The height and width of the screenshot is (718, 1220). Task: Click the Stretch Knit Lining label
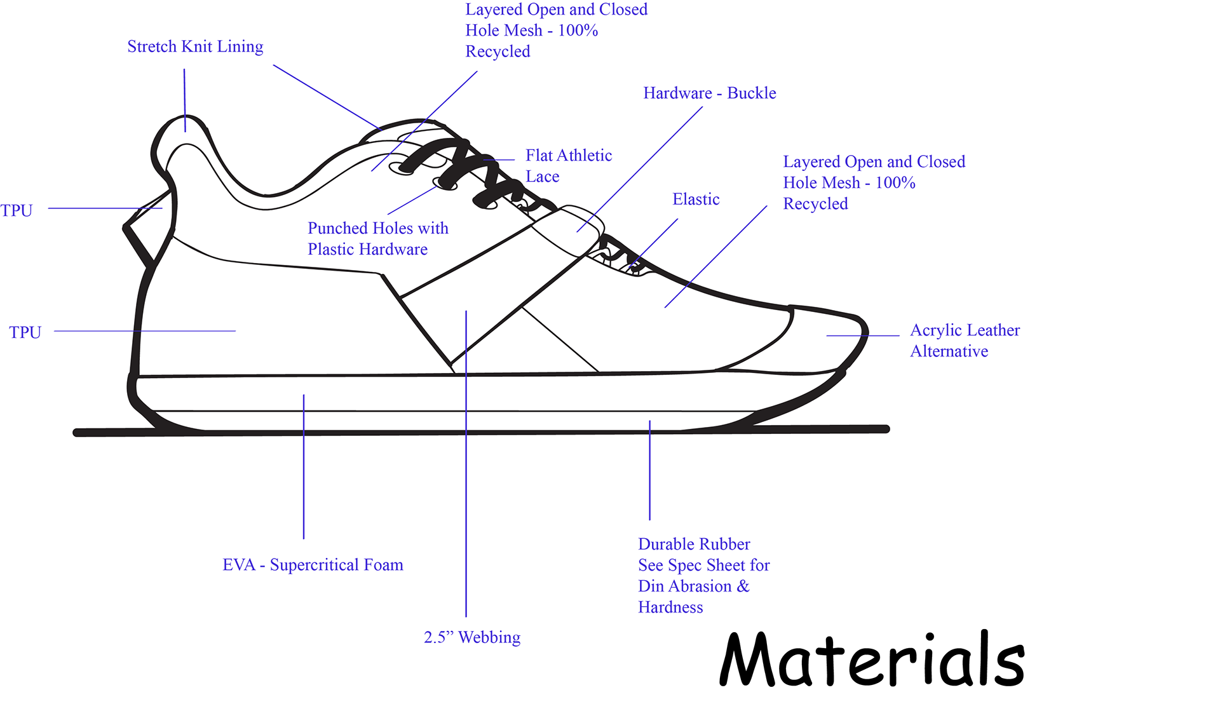195,46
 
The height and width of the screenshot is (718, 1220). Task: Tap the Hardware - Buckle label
709,93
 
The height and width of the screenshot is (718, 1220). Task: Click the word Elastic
696,200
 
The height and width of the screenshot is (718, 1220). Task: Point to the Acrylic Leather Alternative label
964,341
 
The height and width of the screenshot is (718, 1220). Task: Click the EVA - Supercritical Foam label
313,565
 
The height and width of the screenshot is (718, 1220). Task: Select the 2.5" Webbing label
471,637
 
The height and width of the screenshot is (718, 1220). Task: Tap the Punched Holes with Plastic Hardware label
377,238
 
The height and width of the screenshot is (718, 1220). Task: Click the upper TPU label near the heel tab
17,211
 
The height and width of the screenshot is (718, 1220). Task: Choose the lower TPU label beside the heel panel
25,332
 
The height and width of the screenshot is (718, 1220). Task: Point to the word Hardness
670,607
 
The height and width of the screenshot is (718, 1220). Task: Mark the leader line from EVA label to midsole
304,470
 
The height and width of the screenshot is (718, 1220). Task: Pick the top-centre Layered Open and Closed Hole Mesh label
555,30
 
